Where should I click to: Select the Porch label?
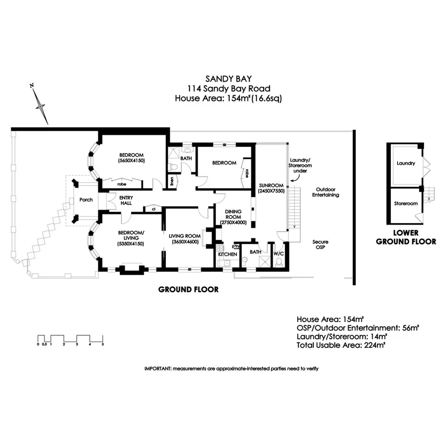[x=86, y=200]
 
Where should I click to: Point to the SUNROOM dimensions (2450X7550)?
[x=271, y=190]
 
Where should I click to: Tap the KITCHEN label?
[x=228, y=254]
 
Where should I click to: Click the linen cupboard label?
[x=172, y=181]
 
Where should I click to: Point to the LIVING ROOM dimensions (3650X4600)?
[x=184, y=242]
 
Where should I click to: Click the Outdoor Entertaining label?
[x=326, y=192]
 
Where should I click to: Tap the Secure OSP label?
[x=320, y=245]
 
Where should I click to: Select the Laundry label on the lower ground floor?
[x=406, y=164]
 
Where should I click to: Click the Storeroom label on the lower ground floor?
[x=406, y=203]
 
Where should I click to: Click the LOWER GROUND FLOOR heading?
[x=406, y=237]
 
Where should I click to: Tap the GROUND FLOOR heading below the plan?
[x=188, y=289]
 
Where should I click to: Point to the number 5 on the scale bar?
[x=103, y=344]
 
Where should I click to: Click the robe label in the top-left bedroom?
[x=122, y=183]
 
